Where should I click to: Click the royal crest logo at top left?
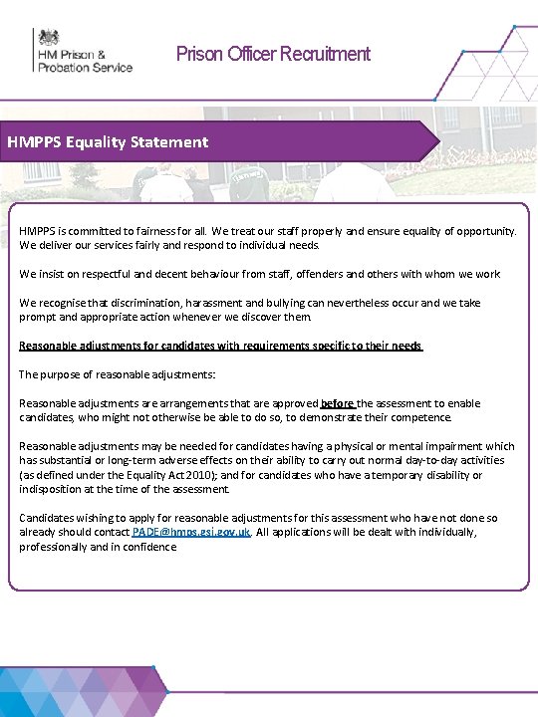48,38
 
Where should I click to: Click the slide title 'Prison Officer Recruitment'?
273,54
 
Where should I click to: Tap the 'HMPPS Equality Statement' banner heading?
108,142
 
